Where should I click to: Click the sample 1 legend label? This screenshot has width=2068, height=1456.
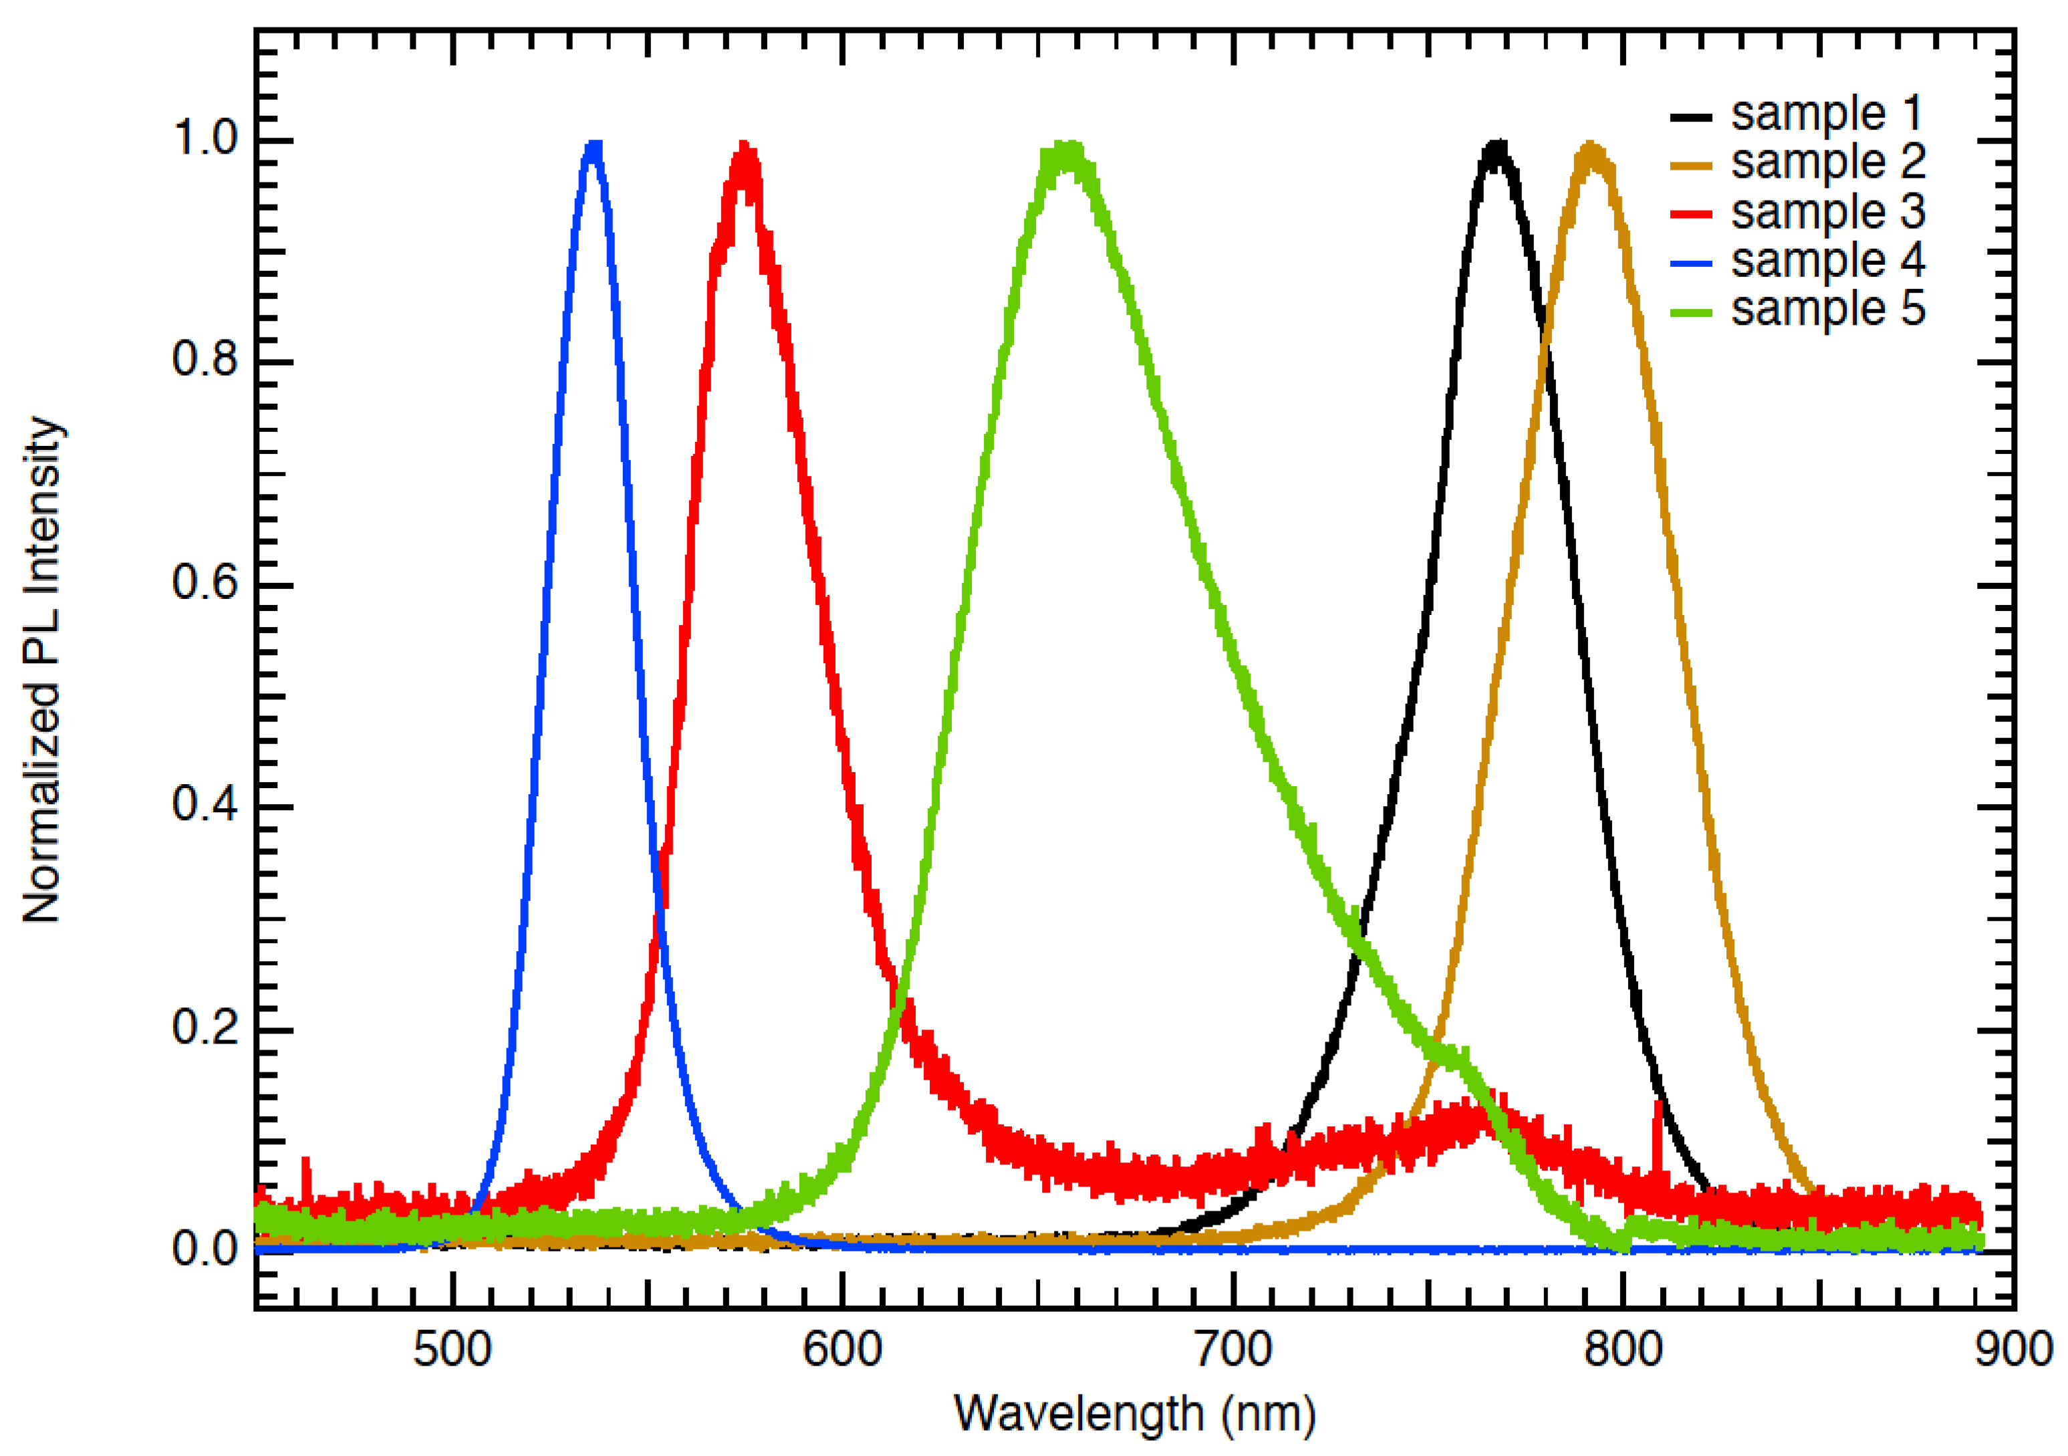(x=1827, y=114)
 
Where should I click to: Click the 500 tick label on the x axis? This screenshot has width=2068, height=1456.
(x=452, y=1350)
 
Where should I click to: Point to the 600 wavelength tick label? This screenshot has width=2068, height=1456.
(x=842, y=1350)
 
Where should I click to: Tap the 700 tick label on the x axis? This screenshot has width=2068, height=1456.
(x=1232, y=1350)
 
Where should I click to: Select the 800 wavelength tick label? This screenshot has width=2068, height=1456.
(x=1623, y=1350)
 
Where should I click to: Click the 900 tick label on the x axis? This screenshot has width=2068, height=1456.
(x=2012, y=1350)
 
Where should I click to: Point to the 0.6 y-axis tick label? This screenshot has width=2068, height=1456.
(x=205, y=583)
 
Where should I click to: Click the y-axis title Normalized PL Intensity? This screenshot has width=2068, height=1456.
(x=41, y=669)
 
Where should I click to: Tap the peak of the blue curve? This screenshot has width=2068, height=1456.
(x=594, y=146)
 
